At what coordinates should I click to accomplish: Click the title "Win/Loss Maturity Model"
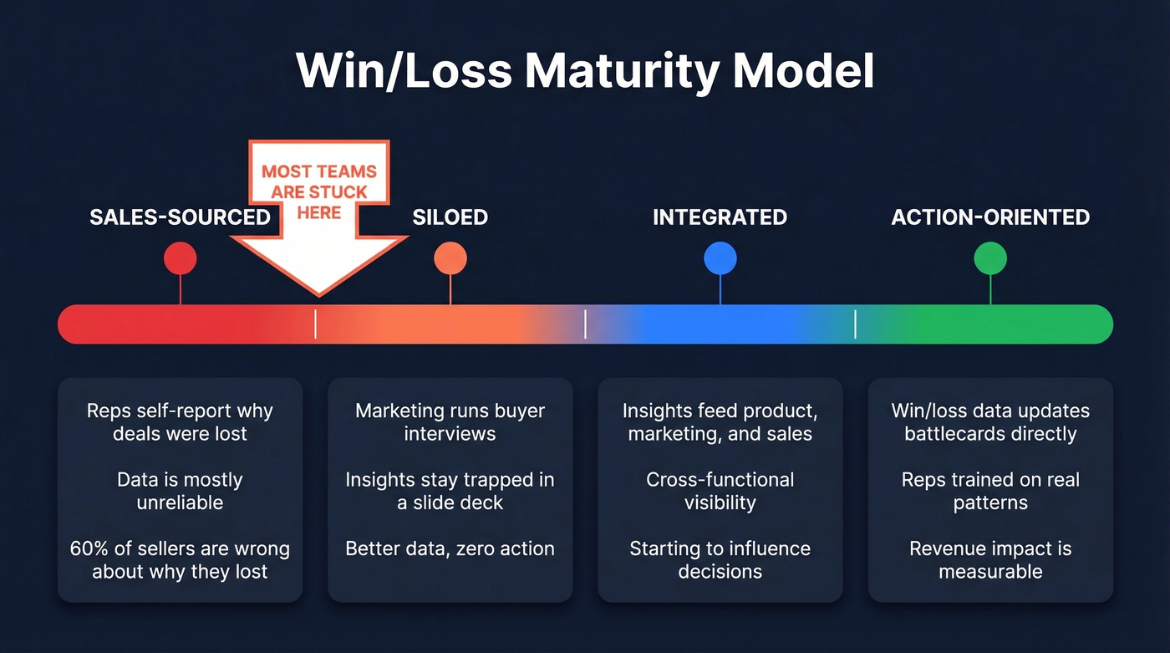(x=585, y=72)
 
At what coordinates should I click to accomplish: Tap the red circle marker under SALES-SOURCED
(x=180, y=258)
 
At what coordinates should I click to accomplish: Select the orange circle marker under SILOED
(x=450, y=258)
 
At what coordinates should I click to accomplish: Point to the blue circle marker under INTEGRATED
(x=720, y=258)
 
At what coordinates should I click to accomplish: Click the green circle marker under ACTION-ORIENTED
(x=990, y=258)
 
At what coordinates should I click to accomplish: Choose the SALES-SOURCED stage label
(x=180, y=217)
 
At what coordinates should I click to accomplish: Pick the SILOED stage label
(x=450, y=217)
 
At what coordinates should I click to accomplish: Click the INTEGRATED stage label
(x=720, y=217)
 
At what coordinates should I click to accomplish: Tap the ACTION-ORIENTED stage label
(x=990, y=217)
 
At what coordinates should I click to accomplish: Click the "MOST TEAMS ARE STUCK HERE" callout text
(x=319, y=192)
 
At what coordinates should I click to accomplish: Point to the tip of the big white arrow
(x=319, y=293)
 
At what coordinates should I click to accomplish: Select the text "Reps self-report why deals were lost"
(x=180, y=422)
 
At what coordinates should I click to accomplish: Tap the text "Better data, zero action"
(x=450, y=549)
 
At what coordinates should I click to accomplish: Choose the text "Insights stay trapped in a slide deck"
(x=450, y=491)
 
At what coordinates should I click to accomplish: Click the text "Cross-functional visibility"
(x=720, y=491)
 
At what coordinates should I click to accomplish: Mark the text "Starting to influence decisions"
(x=720, y=560)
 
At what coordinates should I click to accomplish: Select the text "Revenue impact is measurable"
(x=990, y=560)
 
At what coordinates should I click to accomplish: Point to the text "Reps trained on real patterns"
(x=990, y=491)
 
